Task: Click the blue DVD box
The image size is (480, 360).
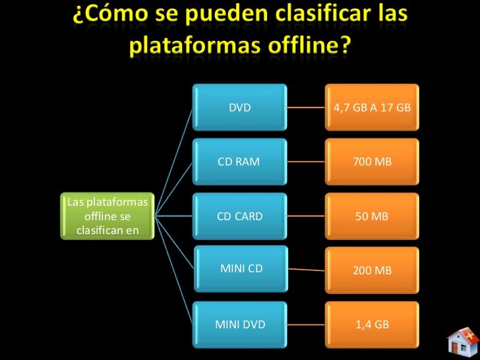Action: pos(240,107)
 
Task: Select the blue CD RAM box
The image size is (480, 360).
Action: pos(240,162)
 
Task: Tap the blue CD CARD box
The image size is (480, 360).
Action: pos(240,216)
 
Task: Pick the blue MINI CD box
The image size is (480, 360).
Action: pos(241,269)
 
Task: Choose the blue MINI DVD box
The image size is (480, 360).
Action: pos(240,324)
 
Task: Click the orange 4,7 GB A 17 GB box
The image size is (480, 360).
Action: pos(373,107)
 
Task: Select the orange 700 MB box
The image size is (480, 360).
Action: pos(373,162)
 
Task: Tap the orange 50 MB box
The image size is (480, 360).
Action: pos(373,216)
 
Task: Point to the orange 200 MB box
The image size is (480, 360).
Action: pos(373,270)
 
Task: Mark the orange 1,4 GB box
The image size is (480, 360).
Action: pos(373,324)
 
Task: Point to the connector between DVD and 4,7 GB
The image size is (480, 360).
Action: pos(307,107)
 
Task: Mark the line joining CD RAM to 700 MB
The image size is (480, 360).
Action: pos(307,162)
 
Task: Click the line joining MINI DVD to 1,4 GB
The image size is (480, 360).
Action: pos(307,324)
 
